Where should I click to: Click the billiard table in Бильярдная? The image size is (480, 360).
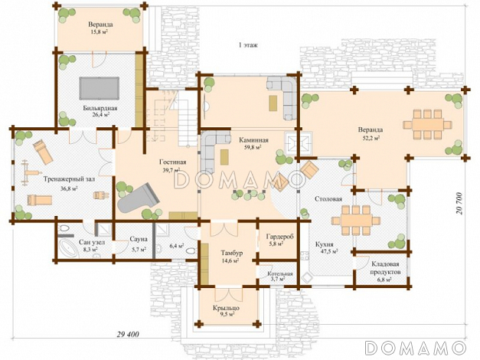[x=100, y=88]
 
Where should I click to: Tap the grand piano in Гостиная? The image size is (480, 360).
[x=139, y=198]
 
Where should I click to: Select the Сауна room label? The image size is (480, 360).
[x=139, y=239]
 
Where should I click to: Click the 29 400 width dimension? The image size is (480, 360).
[x=128, y=334]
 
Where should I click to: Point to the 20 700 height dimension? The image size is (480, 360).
[x=459, y=203]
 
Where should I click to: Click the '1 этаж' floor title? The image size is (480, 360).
[x=248, y=45]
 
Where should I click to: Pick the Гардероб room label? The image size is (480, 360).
[x=279, y=237]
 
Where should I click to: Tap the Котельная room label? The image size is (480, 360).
[x=279, y=273]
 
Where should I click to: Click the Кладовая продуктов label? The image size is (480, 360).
[x=385, y=268]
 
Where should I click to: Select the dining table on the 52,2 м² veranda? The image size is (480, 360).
[x=428, y=125]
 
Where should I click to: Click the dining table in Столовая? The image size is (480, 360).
[x=356, y=221]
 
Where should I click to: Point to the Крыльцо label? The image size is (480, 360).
[x=227, y=308]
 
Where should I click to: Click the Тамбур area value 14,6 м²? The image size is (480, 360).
[x=230, y=260]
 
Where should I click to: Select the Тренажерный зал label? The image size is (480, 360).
[x=69, y=179]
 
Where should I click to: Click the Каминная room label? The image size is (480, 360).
[x=253, y=140]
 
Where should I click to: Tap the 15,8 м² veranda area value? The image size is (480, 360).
[x=101, y=31]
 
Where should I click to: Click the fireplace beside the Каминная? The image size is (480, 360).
[x=298, y=143]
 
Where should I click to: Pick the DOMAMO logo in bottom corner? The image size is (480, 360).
[x=416, y=348]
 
